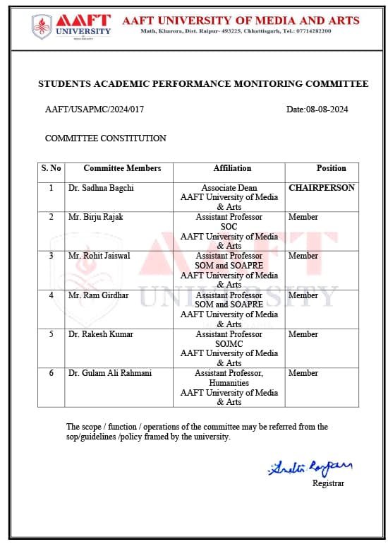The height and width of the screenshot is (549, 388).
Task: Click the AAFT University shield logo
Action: pyautogui.click(x=42, y=26)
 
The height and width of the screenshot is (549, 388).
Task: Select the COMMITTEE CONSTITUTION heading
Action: pyautogui.click(x=105, y=138)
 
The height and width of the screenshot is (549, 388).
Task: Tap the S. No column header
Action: pyautogui.click(x=51, y=168)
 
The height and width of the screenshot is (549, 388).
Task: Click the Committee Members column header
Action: pyautogui.click(x=122, y=168)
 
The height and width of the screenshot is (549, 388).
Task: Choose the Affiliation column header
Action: pyautogui.click(x=232, y=168)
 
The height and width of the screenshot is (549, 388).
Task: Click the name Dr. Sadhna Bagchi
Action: pyautogui.click(x=101, y=188)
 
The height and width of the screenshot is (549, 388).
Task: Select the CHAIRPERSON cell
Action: pyautogui.click(x=322, y=188)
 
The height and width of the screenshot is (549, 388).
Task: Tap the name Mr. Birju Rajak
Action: pyautogui.click(x=95, y=217)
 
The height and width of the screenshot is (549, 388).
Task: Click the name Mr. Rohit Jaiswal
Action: pyautogui.click(x=99, y=256)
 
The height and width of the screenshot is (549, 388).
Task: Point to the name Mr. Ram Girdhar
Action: pyautogui.click(x=98, y=295)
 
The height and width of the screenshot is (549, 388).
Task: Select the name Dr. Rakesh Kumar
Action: pyautogui.click(x=101, y=334)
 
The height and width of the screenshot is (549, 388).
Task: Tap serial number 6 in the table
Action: pyautogui.click(x=51, y=373)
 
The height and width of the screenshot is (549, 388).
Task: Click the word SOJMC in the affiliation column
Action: pyautogui.click(x=229, y=343)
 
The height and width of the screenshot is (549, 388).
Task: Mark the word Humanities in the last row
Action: pyautogui.click(x=229, y=382)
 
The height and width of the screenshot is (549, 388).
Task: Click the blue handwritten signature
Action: pyautogui.click(x=310, y=468)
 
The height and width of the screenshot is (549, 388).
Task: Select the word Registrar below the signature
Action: pyautogui.click(x=328, y=483)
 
